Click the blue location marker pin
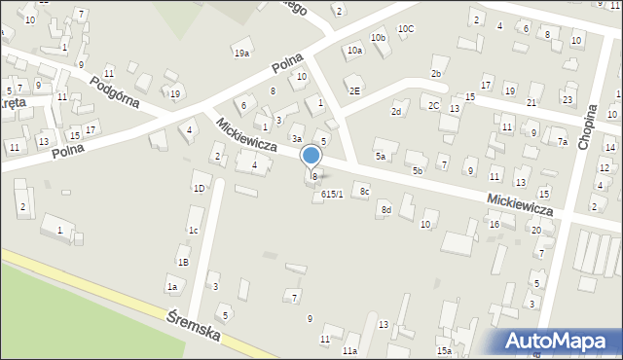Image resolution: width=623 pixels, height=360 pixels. tap(311, 156)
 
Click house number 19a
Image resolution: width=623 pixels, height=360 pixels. tap(240, 53)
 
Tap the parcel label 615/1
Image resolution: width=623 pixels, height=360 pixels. tap(332, 194)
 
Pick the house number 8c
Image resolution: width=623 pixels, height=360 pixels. tap(364, 192)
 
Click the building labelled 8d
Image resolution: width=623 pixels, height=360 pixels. tap(385, 209)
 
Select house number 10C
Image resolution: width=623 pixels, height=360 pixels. tap(405, 28)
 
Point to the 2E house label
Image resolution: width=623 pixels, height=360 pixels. tap(355, 90)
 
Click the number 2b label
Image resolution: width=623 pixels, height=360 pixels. tap(437, 74)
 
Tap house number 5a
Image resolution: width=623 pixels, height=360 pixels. tap(382, 156)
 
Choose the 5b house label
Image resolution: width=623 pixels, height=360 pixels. tap(417, 171)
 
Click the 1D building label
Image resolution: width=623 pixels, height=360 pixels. tap(199, 188)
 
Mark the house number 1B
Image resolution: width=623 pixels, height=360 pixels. tap(182, 262)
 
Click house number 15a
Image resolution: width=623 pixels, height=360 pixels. tap(444, 350)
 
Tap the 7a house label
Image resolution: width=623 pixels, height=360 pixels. tap(562, 142)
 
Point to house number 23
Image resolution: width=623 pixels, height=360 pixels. tap(567, 98)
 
